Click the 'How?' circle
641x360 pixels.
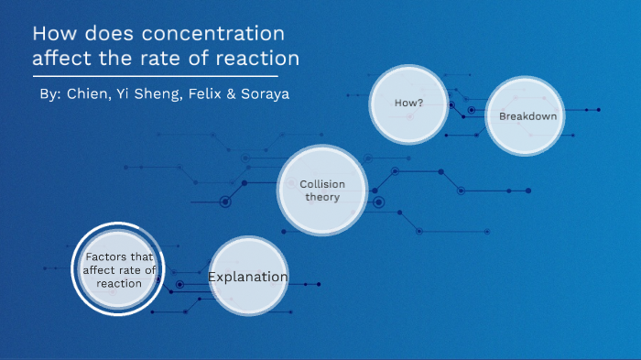click(408, 103)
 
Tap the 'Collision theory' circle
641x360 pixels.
click(322, 191)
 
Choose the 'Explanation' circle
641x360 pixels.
click(248, 277)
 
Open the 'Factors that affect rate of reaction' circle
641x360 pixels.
click(119, 269)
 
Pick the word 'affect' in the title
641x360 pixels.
click(61, 60)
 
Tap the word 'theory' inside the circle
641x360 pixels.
click(322, 197)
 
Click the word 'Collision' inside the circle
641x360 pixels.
click(322, 184)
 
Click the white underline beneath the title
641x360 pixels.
click(156, 77)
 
